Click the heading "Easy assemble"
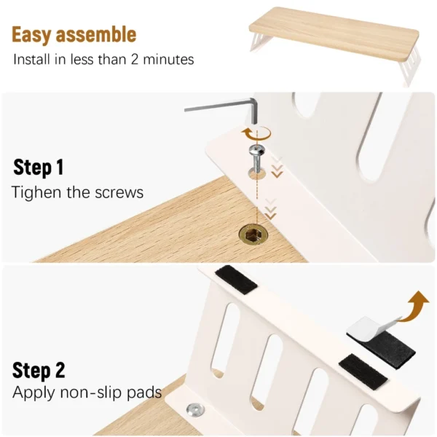pyautogui.click(x=74, y=34)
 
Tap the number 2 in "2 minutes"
pyautogui.click(x=135, y=60)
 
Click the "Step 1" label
pyautogui.click(x=39, y=168)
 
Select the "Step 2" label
pyautogui.click(x=39, y=371)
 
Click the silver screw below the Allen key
pyautogui.click(x=257, y=160)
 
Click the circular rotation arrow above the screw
pyautogui.click(x=256, y=133)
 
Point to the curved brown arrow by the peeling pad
pyautogui.click(x=414, y=306)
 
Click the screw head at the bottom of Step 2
pyautogui.click(x=196, y=409)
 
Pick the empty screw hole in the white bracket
pyautogui.click(x=256, y=174)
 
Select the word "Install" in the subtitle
pyautogui.click(x=32, y=60)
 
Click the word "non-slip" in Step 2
pyautogui.click(x=92, y=393)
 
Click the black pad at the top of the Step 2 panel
pyautogui.click(x=236, y=280)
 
